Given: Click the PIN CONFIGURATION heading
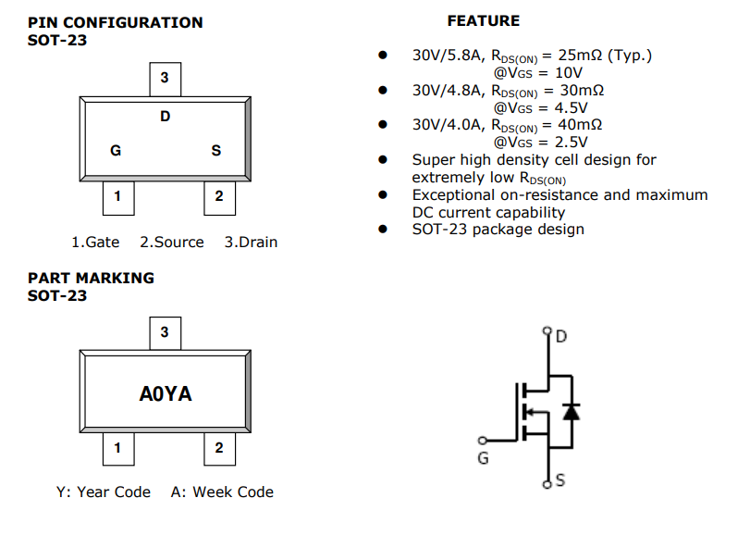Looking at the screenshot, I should (x=115, y=22).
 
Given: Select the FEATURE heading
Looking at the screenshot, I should (x=483, y=20).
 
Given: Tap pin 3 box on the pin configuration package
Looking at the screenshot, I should (x=165, y=79).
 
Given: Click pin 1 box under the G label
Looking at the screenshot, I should (x=117, y=196).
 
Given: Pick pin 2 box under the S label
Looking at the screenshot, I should (x=219, y=196).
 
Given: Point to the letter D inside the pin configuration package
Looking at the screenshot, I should (x=166, y=117).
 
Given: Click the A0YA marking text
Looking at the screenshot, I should (x=166, y=393).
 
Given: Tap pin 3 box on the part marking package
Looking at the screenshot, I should (x=165, y=332).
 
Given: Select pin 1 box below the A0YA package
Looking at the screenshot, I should (x=117, y=449).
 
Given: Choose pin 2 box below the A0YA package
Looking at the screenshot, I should (x=219, y=449).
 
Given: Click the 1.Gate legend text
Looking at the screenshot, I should (x=95, y=242).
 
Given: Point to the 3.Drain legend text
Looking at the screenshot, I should (x=251, y=242).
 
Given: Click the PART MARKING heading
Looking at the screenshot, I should (x=91, y=278).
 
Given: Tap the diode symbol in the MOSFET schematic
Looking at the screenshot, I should (x=572, y=410).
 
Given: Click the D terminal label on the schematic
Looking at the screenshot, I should (x=561, y=336).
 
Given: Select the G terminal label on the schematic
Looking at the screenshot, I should (x=483, y=458).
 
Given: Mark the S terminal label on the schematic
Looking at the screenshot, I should (x=559, y=480).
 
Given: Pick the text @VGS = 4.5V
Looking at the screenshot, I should (x=539, y=107).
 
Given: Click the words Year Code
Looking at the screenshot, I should (x=113, y=492).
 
